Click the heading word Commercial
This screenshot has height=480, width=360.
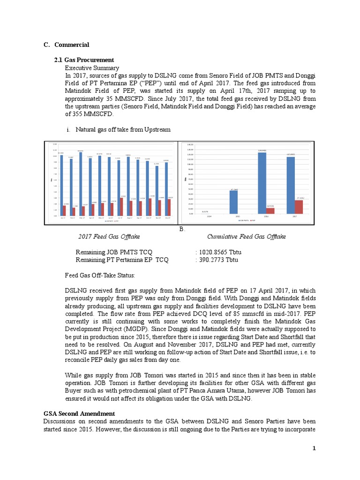(72, 45)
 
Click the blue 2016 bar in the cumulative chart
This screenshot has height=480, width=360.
(262, 183)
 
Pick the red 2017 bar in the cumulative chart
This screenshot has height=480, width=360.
(299, 207)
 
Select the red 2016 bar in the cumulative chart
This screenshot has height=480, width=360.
(270, 210)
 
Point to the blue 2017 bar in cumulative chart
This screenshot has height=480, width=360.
(291, 185)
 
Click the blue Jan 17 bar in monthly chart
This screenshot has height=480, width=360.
(61, 186)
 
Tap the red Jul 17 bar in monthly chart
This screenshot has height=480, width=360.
(122, 207)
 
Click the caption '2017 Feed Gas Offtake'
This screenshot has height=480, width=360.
(109, 237)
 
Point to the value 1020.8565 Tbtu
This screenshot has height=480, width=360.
(220, 252)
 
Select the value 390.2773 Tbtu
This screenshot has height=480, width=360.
(218, 260)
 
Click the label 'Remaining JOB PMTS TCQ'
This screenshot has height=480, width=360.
(114, 252)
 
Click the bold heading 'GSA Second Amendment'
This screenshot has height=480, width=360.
(79, 413)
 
